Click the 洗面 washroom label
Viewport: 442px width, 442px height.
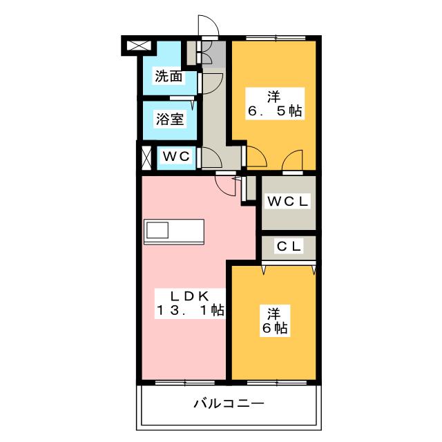pos(169,76)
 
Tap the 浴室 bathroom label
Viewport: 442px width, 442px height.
pos(170,119)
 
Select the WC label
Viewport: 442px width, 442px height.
pos(176,156)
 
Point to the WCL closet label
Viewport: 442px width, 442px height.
pos(287,201)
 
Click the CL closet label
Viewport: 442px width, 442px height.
pos(289,247)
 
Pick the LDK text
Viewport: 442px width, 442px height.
pos(189,296)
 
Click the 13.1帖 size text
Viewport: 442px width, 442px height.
pos(191,310)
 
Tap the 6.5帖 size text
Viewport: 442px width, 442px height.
pos(275,110)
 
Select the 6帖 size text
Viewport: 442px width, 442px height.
pos(275,328)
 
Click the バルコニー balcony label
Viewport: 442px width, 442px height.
pos(229,403)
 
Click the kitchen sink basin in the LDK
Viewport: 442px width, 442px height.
pos(157,230)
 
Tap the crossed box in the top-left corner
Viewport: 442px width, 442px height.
pos(139,46)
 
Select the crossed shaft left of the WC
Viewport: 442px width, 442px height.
pos(146,158)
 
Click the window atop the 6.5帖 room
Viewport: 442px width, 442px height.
pos(276,38)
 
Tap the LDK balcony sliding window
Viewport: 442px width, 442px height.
pos(185,383)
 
